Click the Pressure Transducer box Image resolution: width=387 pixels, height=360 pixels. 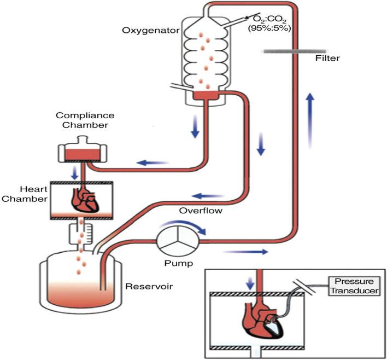click(x=353, y=286)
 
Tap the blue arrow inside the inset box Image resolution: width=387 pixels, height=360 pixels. click(x=250, y=283)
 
